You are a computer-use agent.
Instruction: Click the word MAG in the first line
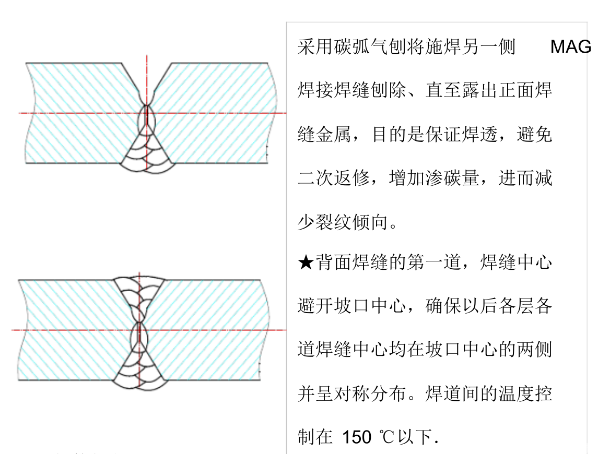[x=570, y=47]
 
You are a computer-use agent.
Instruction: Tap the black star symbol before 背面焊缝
[x=306, y=262]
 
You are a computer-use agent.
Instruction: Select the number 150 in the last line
[x=357, y=437]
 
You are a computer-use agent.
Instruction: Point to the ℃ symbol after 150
[x=387, y=437]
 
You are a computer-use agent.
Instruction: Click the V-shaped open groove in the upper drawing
[x=147, y=82]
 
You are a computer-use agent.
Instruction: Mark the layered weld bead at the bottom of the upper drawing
[x=147, y=151]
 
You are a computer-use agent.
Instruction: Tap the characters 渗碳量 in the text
[x=452, y=178]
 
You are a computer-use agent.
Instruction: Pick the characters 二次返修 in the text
[x=333, y=178]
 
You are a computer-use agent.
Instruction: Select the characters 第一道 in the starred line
[x=434, y=262]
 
